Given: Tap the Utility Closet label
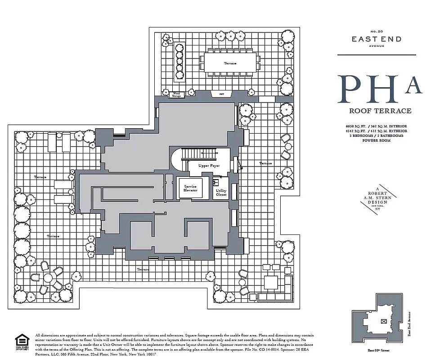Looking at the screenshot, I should click(x=221, y=193).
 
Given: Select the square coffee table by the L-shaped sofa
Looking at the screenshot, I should click(x=271, y=282).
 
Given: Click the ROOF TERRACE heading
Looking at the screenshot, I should click(x=380, y=111).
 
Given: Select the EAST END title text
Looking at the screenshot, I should click(x=377, y=40).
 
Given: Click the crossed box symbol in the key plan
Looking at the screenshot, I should click(x=383, y=321).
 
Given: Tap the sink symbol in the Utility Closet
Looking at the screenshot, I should click(x=216, y=182).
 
